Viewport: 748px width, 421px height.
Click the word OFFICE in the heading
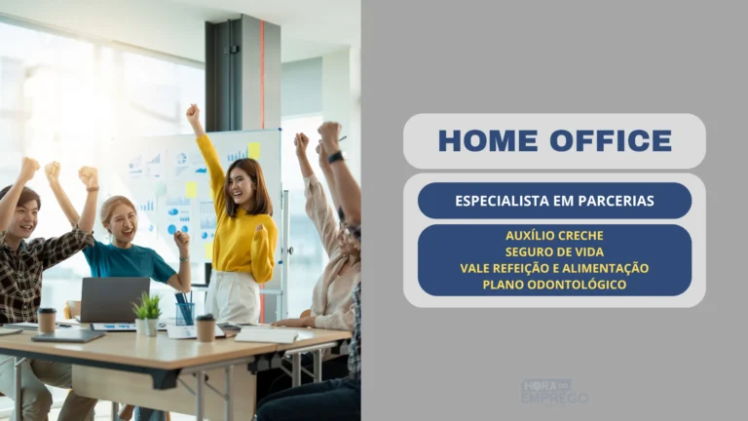tap(611, 140)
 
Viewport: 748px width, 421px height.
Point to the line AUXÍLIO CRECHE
tap(554, 236)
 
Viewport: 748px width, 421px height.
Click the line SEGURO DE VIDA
tap(554, 252)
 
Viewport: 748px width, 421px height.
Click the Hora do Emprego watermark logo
tap(554, 392)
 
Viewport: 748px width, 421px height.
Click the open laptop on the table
tap(114, 300)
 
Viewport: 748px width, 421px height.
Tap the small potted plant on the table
tap(148, 315)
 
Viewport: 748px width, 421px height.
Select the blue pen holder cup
tap(185, 313)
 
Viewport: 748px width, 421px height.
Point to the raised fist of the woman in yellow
tap(192, 113)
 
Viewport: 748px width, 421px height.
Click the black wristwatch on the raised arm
tap(335, 157)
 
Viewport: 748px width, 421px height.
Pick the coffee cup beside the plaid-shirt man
tap(47, 320)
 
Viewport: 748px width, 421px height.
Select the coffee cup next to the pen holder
tap(206, 327)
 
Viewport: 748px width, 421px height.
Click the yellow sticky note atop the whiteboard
tap(254, 151)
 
